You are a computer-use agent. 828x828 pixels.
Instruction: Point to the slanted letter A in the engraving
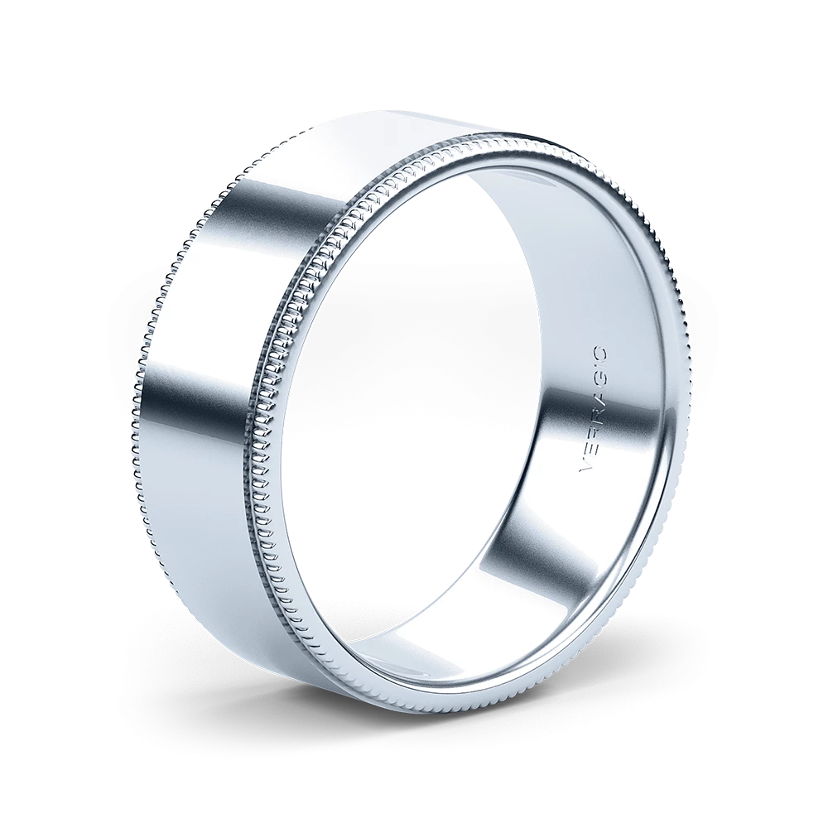point(600,400)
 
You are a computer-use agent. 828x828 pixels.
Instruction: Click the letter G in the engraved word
point(603,382)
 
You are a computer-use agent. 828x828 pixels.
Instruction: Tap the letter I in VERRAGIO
point(604,367)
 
